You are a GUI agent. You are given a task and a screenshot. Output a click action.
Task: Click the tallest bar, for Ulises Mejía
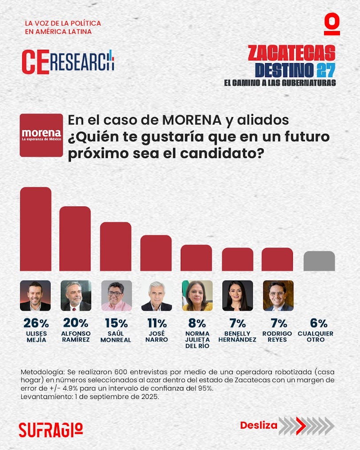point(36,229)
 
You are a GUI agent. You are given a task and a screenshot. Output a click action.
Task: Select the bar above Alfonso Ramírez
point(75,238)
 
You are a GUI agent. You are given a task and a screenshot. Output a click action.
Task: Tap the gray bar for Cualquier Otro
point(319,261)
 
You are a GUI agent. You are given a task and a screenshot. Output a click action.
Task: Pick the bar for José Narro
point(156,253)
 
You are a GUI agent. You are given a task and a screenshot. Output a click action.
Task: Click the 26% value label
point(35,323)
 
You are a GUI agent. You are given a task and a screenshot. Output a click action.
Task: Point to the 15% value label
point(116,323)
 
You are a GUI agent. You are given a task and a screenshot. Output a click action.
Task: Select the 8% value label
point(197,323)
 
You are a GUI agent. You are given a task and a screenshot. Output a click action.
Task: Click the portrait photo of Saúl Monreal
point(116,296)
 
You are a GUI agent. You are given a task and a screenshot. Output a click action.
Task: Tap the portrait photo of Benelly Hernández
point(237,296)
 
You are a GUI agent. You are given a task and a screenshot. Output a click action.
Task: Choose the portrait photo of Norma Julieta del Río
point(197,296)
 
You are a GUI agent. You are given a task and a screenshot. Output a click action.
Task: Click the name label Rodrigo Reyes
point(277,336)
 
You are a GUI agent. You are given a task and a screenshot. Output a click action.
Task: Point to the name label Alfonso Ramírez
point(75,336)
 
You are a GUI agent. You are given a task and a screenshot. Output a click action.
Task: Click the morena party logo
point(41,135)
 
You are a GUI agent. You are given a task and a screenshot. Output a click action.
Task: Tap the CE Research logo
point(67,62)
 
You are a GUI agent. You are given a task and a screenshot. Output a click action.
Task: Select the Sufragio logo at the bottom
point(51,429)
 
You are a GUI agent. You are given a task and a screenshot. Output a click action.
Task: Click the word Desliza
point(258,425)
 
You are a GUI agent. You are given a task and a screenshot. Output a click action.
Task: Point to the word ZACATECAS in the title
point(291,53)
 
